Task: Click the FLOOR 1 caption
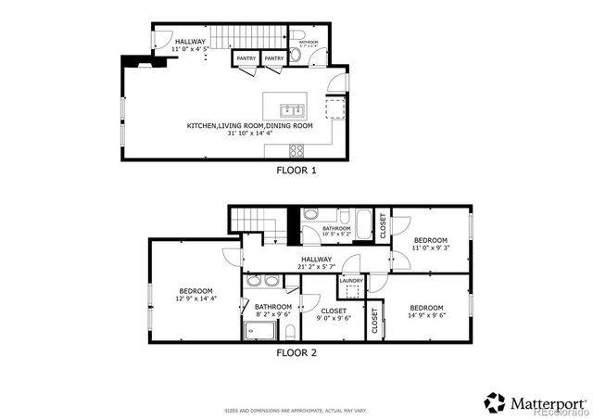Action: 296,171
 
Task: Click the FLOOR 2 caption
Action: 296,353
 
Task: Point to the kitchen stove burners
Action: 297,150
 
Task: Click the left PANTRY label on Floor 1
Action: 246,59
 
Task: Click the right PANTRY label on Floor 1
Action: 274,59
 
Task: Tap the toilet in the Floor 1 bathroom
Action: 296,55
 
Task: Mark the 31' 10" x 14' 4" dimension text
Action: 250,133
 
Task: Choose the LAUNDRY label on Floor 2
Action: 350,281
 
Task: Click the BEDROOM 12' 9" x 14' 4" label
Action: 196,294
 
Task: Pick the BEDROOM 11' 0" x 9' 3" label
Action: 430,244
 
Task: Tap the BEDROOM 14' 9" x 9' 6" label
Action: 425,311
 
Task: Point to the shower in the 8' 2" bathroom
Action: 254,332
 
